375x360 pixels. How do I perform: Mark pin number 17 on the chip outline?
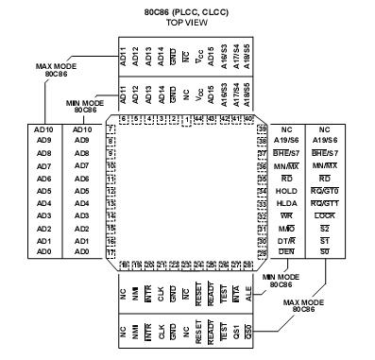pos(112,253)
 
